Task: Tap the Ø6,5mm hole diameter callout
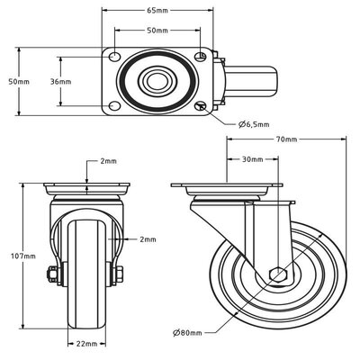click(254, 124)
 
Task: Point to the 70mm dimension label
click(287, 140)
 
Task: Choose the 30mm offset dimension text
click(253, 159)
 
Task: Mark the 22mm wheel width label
click(87, 343)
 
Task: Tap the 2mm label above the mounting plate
click(108, 162)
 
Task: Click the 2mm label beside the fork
click(148, 239)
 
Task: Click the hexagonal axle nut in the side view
click(278, 274)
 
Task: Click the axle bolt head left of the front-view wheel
click(55, 275)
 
